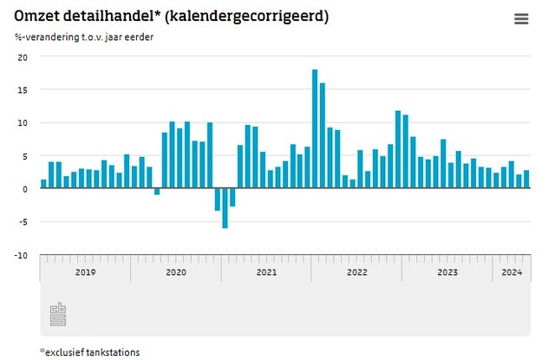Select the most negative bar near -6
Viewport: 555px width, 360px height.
225,208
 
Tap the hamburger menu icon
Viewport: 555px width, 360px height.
521,19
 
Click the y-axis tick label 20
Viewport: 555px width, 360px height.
23,57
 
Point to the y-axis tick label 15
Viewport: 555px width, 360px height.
23,90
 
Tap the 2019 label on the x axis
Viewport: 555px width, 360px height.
85,272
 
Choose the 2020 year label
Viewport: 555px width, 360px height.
175,272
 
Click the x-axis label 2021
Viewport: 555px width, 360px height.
266,272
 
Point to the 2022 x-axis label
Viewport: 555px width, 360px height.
356,272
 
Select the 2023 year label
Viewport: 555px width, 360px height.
447,272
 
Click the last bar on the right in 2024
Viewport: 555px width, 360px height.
526,180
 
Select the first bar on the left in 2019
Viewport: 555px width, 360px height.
44,184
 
